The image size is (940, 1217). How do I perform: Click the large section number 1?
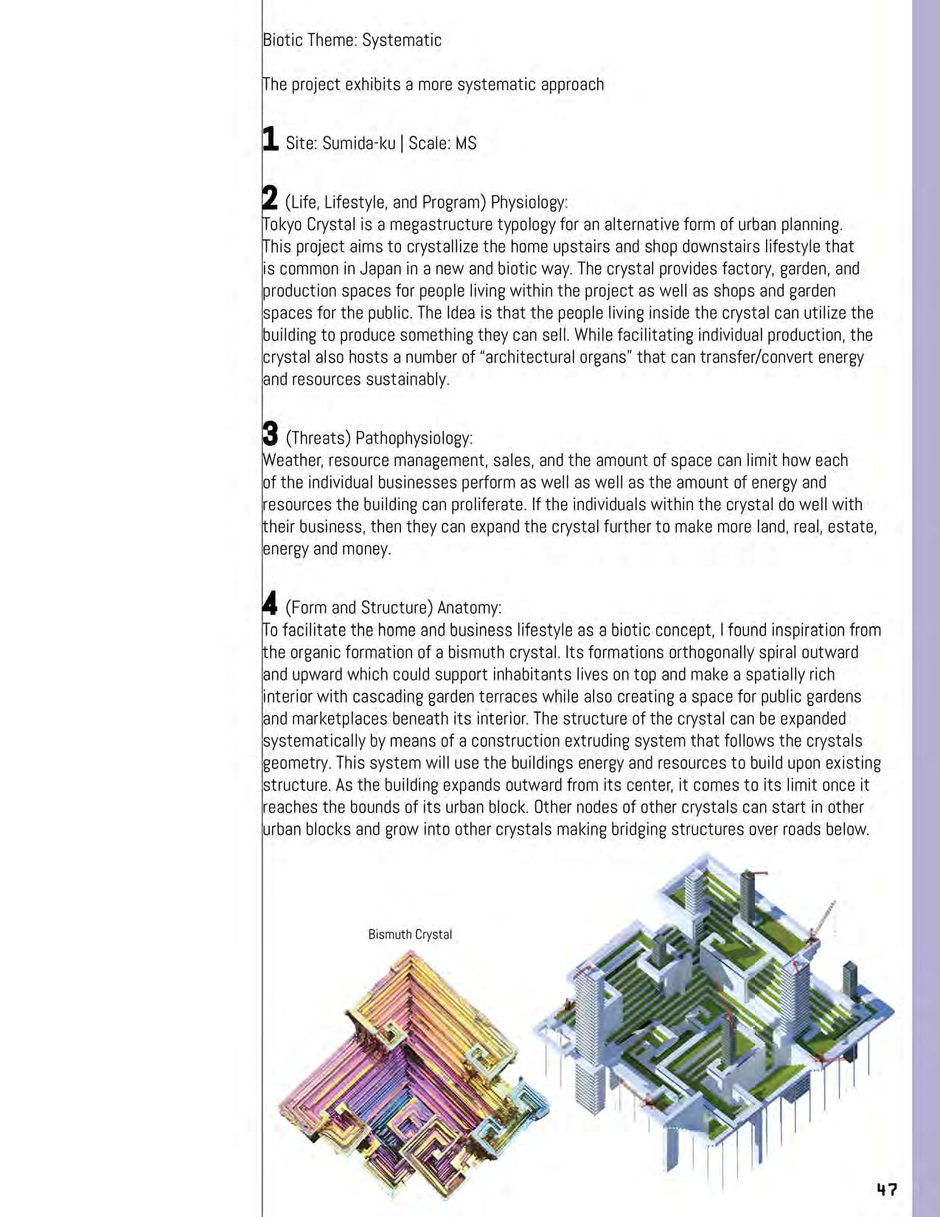(x=271, y=139)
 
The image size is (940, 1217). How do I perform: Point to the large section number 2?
(x=271, y=198)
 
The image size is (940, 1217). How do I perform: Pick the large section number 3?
(x=271, y=434)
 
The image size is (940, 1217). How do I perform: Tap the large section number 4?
(x=271, y=604)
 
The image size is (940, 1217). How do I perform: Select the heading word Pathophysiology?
(x=414, y=438)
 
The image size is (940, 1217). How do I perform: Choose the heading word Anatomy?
(x=470, y=607)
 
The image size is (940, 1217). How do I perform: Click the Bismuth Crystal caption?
(x=410, y=935)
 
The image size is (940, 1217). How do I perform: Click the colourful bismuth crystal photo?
(x=413, y=1084)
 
